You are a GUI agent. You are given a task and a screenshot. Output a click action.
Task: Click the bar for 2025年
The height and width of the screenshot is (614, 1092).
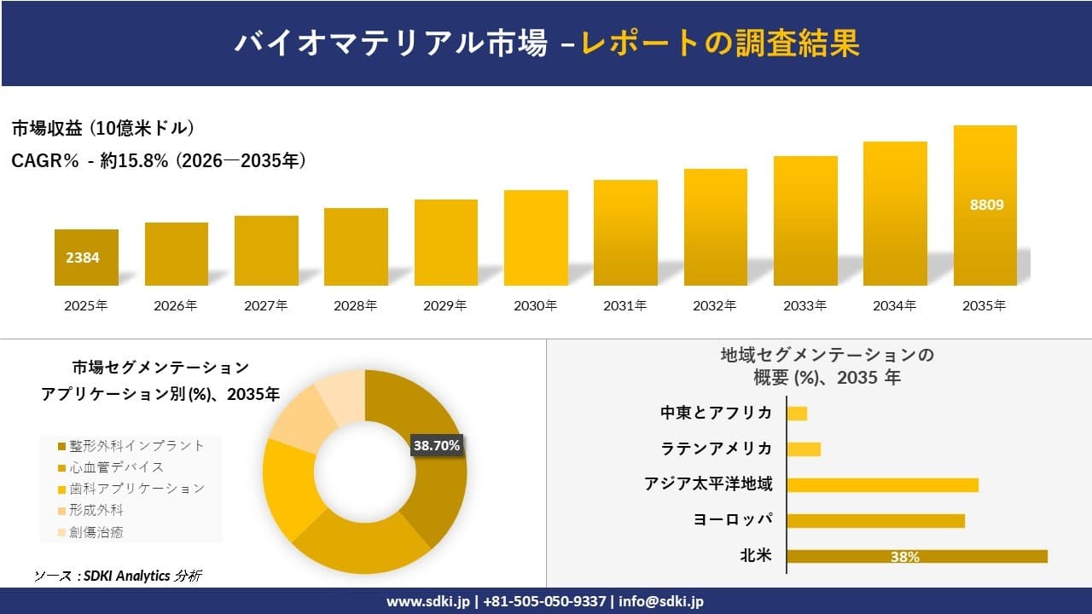[x=86, y=258]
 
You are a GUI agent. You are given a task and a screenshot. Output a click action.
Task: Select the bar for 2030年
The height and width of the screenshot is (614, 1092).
[x=536, y=238]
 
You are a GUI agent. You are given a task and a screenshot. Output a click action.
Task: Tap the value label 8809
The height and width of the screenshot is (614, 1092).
[x=986, y=205]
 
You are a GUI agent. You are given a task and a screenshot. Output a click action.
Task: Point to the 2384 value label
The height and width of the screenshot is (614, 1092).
[x=83, y=257]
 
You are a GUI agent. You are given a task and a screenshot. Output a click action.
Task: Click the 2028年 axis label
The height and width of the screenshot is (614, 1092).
[x=356, y=305]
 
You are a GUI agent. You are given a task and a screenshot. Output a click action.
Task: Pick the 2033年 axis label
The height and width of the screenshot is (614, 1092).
[x=805, y=305]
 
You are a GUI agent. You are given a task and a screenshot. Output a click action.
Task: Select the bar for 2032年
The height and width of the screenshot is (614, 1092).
[x=715, y=228]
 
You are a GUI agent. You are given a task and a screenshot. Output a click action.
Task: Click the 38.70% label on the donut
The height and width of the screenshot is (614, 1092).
[x=437, y=445]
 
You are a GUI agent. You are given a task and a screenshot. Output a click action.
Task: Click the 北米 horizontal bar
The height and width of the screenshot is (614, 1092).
[x=916, y=556]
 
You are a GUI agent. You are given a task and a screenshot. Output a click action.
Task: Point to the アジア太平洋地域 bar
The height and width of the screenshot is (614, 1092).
[x=882, y=484]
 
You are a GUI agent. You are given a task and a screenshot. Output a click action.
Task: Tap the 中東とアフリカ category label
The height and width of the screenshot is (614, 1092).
[x=716, y=413]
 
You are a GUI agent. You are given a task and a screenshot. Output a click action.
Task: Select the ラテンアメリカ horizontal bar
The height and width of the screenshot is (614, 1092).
[x=804, y=449]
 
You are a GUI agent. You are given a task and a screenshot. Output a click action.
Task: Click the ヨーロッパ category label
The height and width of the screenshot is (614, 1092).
[x=733, y=519]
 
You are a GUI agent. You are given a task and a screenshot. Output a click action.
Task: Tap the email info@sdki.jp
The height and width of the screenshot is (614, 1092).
[x=662, y=601]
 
